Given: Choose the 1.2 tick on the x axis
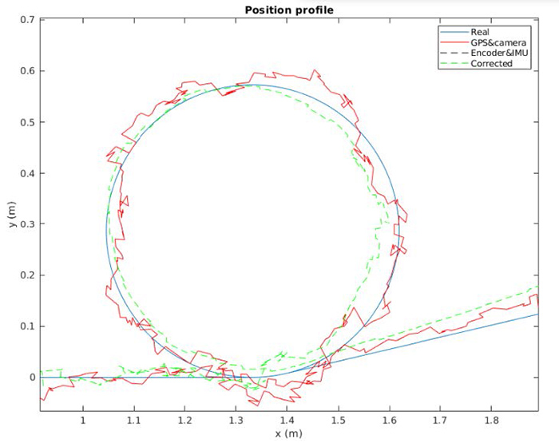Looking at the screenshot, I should tap(184, 419).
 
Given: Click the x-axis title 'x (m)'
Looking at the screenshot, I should tap(287, 433).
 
